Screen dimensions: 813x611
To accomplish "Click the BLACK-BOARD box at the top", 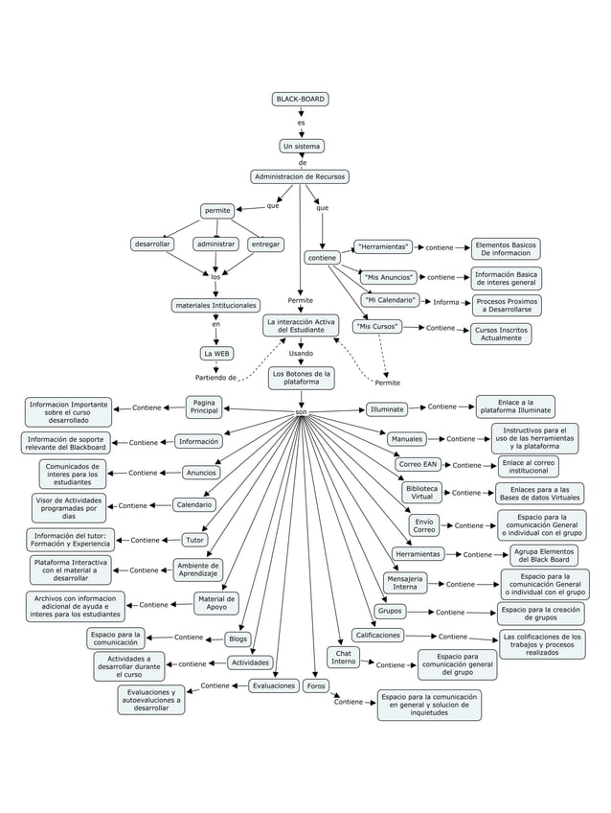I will [x=301, y=99].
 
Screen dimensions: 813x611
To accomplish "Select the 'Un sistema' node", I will [x=301, y=147].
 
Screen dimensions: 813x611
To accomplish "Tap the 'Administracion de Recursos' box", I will [x=300, y=176].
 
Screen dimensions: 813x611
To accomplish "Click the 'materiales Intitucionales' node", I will [x=215, y=306].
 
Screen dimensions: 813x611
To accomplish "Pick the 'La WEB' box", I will [x=215, y=353].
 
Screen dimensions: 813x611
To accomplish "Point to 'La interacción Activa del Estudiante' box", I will [x=301, y=326].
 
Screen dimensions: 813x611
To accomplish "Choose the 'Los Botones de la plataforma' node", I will [x=301, y=378].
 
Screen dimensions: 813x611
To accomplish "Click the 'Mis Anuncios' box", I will [x=390, y=277].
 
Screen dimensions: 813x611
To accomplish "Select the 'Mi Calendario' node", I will [x=390, y=300].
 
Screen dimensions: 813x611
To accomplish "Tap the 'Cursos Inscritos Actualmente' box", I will [x=501, y=334].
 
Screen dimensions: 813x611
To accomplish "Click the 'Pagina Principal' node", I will [x=204, y=406].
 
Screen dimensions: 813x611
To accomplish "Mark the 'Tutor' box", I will [x=194, y=540].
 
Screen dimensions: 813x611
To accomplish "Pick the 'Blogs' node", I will [x=238, y=639].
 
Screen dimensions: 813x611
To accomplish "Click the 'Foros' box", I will [x=315, y=685].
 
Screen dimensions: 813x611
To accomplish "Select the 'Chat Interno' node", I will [x=344, y=658].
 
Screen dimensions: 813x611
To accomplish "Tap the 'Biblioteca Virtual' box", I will [x=422, y=492].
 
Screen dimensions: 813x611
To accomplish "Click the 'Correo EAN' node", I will [x=418, y=464].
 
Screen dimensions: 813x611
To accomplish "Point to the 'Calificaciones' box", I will [x=377, y=635].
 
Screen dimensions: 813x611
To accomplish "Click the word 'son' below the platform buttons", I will [x=301, y=412].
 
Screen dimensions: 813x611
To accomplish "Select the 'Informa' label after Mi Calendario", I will [x=445, y=302].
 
